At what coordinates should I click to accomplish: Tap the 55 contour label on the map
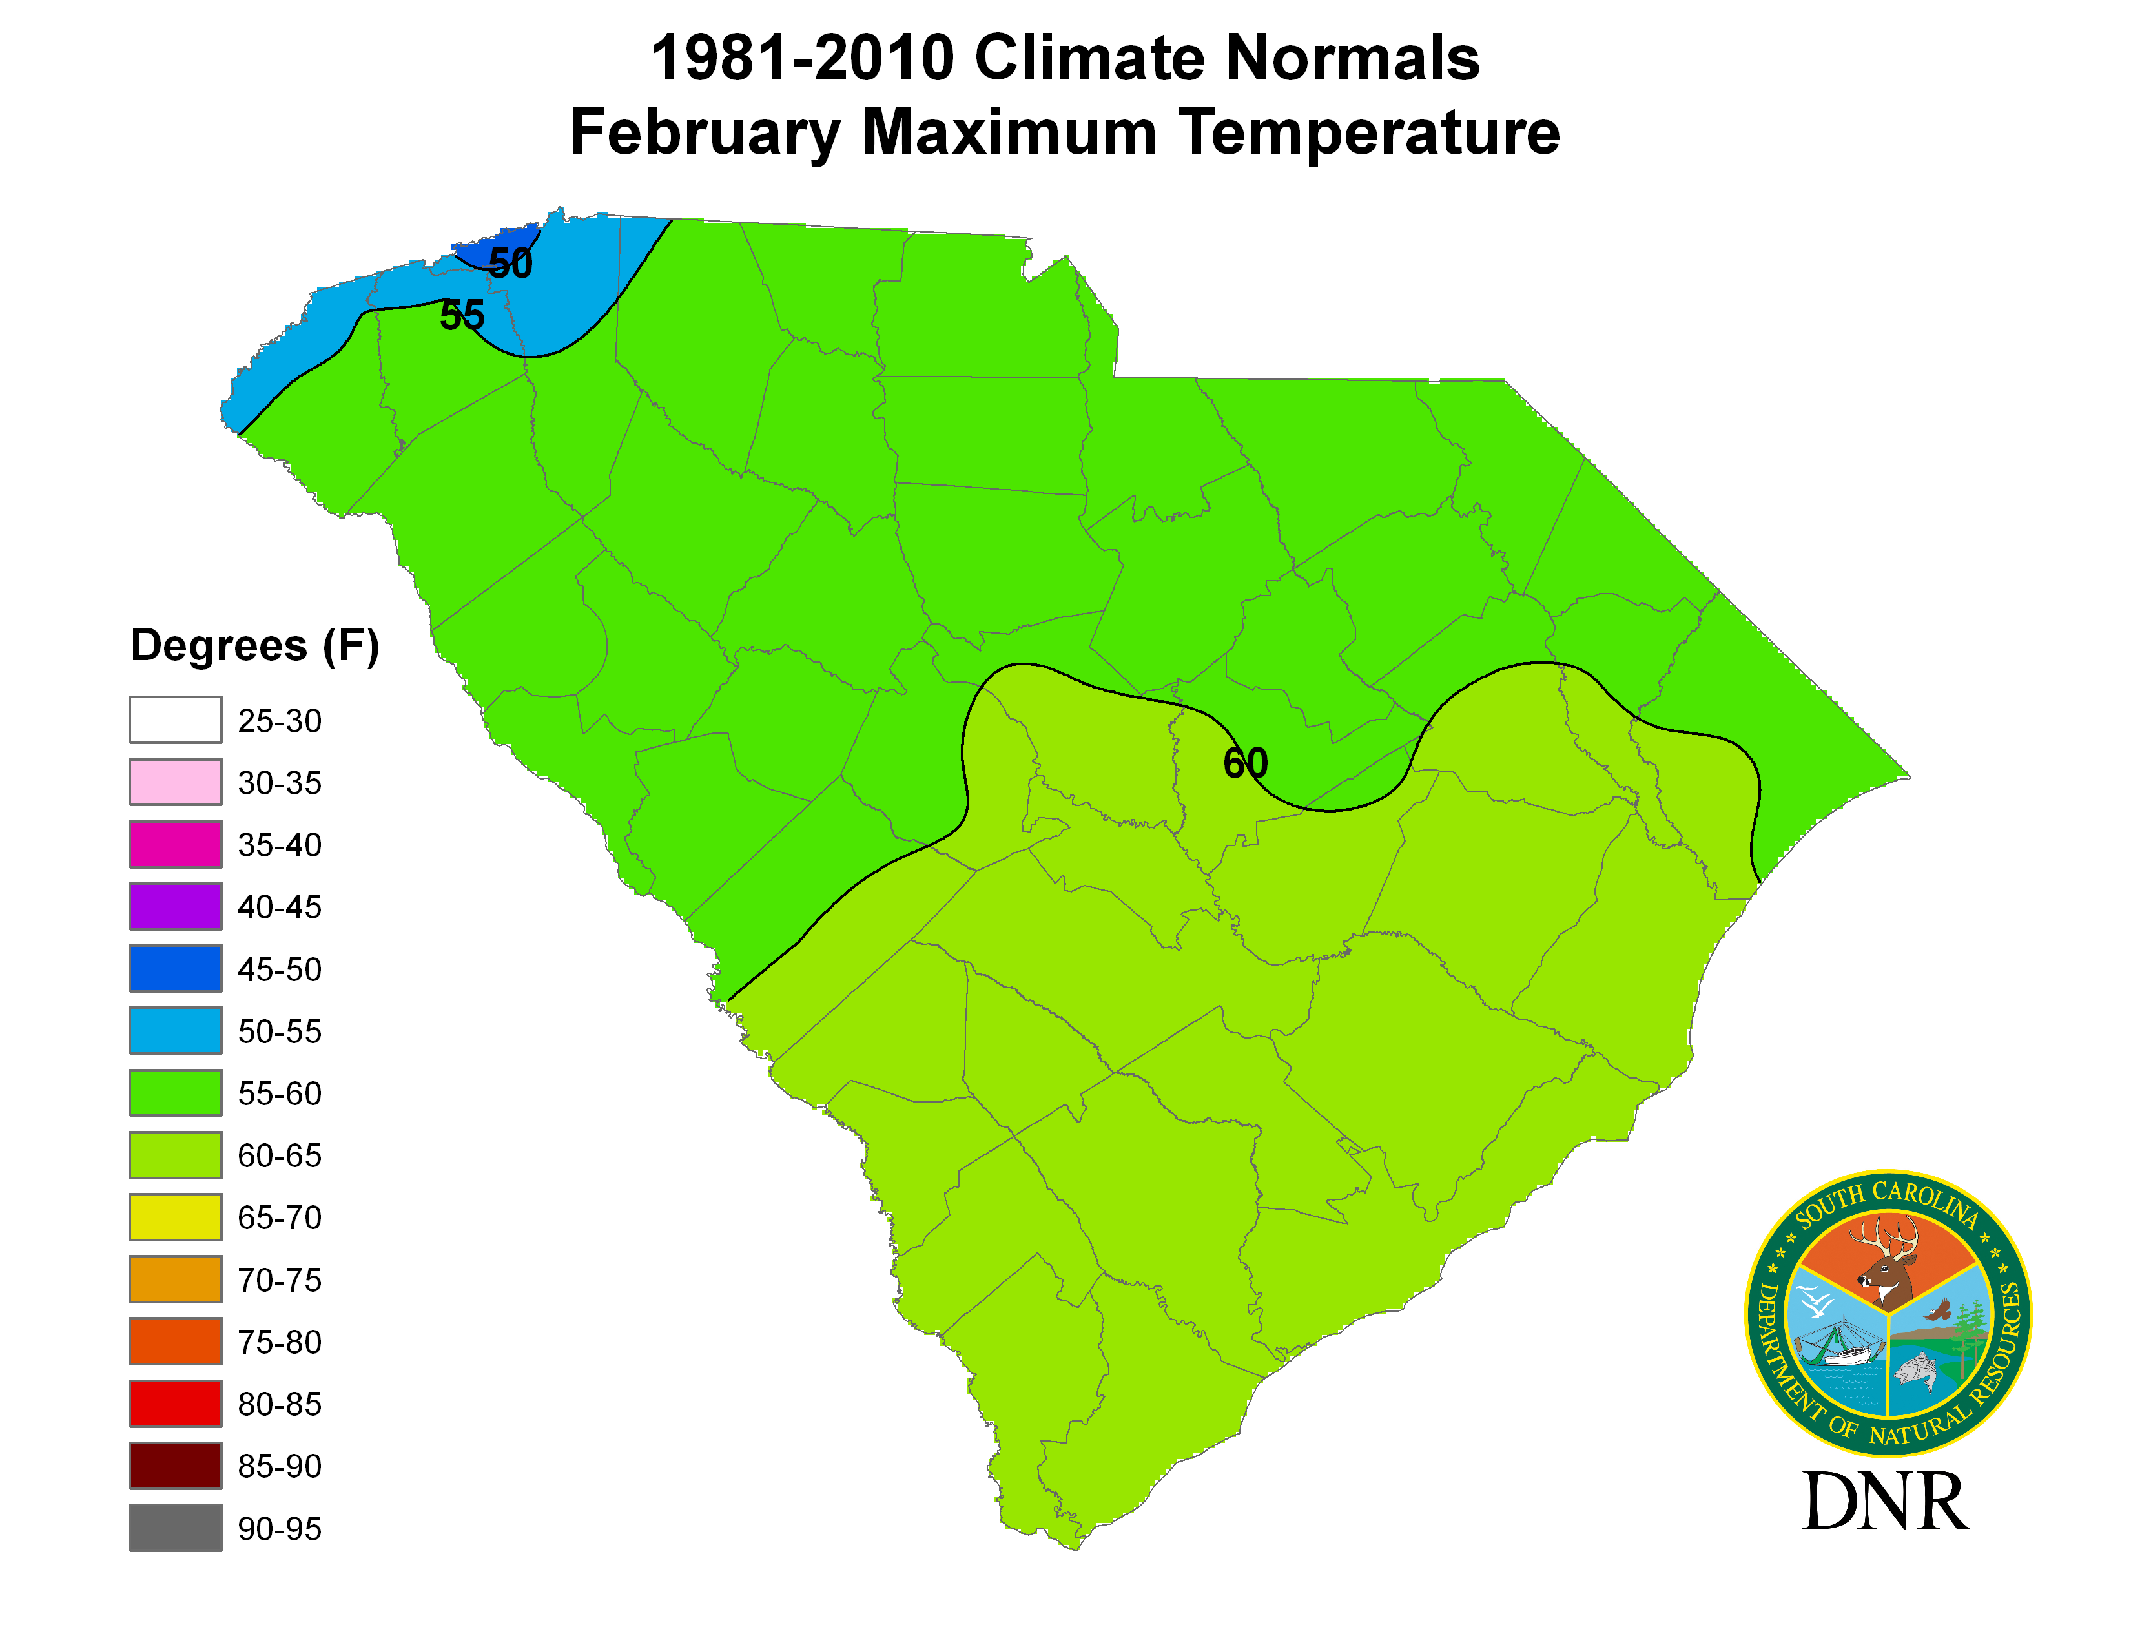462,315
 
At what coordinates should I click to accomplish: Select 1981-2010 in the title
801,59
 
